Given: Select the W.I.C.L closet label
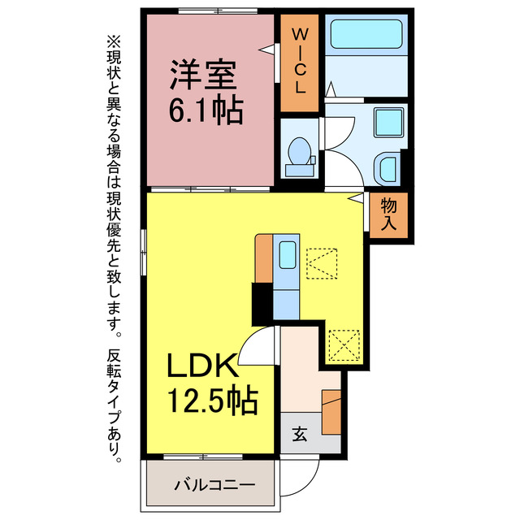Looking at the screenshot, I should [300, 62].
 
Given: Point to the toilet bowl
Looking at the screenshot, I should [300, 151].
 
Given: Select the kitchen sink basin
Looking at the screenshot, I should [287, 256].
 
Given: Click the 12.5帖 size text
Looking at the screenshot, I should [212, 400].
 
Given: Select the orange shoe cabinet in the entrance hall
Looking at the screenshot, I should [331, 413].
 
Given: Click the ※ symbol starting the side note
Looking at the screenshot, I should [113, 40].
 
